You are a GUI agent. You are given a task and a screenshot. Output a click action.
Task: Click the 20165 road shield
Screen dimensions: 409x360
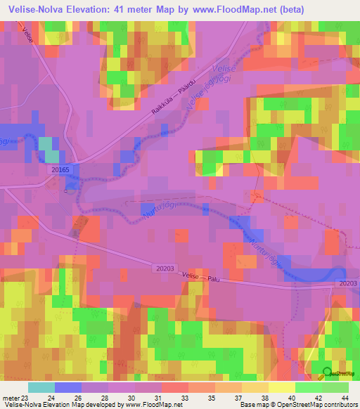[61, 169]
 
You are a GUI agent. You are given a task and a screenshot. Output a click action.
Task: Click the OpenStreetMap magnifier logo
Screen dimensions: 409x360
[327, 373]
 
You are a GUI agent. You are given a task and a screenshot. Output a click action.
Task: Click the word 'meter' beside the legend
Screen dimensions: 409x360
[10, 397]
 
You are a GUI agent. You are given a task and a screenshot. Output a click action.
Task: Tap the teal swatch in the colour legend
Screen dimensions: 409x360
[41, 387]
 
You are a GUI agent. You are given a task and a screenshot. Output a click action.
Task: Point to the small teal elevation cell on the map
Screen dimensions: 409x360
[48, 148]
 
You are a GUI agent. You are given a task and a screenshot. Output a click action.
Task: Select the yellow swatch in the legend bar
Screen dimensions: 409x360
[281, 387]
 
